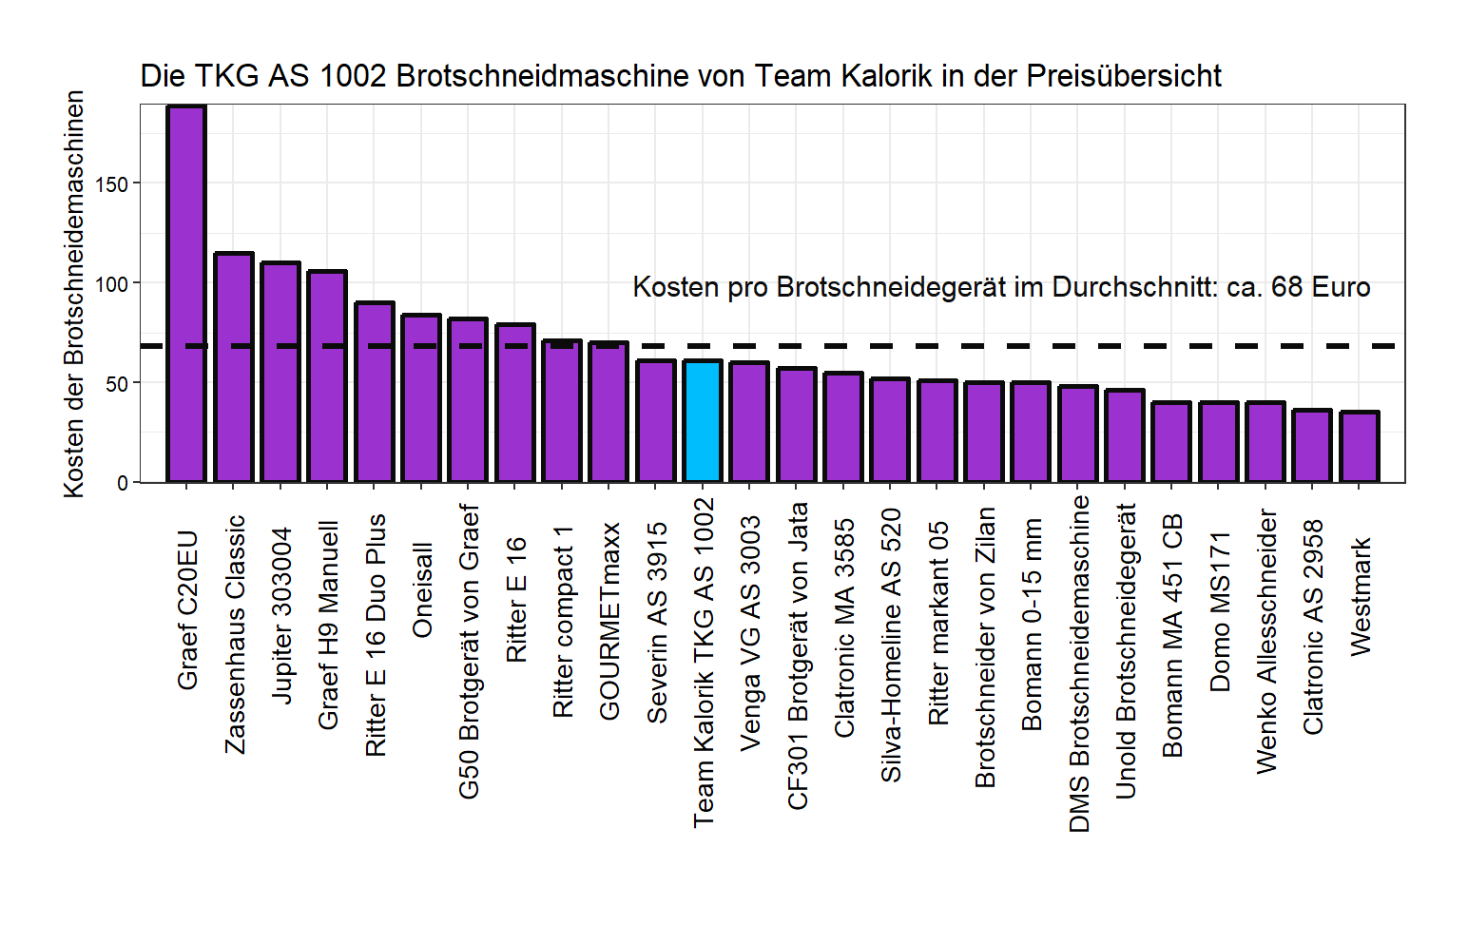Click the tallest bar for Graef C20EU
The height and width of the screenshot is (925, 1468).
[x=186, y=295]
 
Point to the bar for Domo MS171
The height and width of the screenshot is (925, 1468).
[x=1219, y=442]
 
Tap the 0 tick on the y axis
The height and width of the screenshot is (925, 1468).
[x=123, y=484]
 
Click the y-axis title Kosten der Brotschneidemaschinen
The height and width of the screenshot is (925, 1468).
[x=74, y=295]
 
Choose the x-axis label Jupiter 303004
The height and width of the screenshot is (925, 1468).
[x=281, y=616]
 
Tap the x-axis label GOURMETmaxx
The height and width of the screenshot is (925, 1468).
[x=609, y=621]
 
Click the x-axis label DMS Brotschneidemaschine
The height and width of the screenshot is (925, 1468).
[x=1079, y=664]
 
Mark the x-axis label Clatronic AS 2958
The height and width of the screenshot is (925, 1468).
[x=1313, y=626]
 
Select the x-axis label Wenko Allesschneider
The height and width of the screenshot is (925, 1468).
[x=1266, y=641]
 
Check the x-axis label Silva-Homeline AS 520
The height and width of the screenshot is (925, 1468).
[x=891, y=646]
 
